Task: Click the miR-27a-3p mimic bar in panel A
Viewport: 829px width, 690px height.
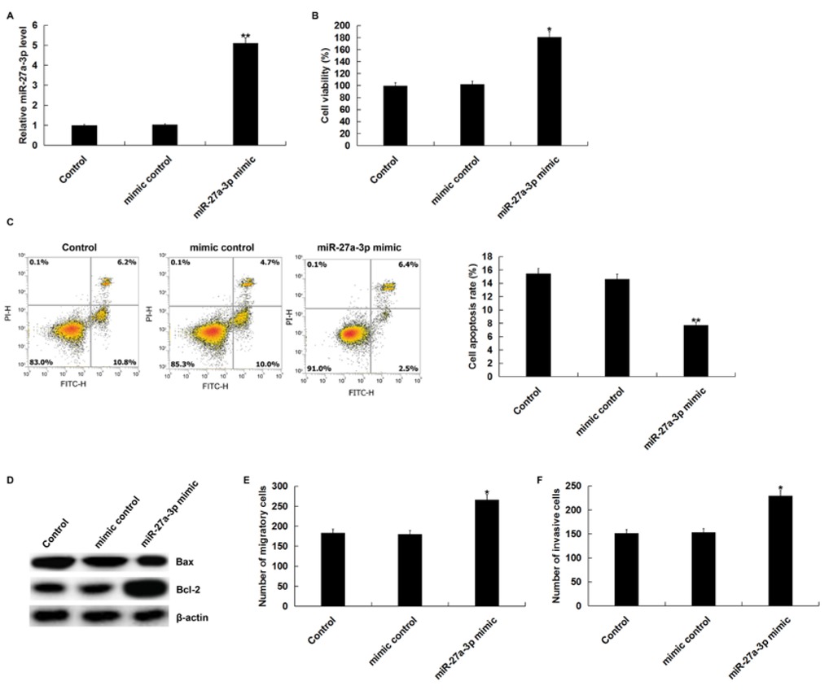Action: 245,94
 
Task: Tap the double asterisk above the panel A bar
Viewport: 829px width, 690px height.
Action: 245,36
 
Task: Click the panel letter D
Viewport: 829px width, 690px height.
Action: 10,481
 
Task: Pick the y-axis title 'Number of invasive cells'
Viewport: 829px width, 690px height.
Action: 557,545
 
